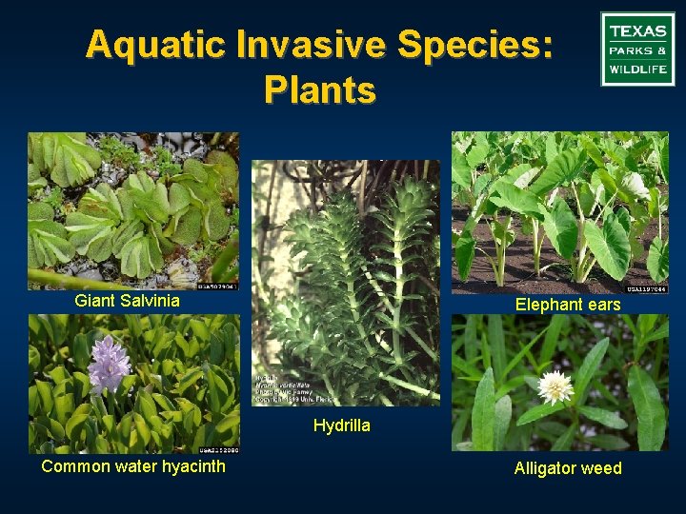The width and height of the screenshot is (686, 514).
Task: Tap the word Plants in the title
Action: click(320, 90)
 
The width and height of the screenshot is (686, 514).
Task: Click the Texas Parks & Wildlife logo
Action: click(637, 49)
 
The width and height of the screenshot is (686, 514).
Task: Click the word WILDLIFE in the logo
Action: click(637, 69)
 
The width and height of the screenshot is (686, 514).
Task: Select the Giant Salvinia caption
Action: click(127, 301)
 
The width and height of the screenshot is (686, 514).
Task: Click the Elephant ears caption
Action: click(568, 305)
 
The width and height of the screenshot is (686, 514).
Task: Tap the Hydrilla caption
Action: click(341, 425)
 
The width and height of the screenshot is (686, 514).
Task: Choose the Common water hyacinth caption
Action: click(133, 465)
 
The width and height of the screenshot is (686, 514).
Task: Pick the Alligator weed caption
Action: click(568, 467)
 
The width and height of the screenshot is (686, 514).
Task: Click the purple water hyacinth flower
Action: click(109, 364)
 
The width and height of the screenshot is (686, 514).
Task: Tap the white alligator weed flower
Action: click(555, 386)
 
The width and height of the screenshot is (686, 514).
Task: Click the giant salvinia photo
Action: click(132, 210)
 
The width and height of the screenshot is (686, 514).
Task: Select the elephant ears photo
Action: click(559, 212)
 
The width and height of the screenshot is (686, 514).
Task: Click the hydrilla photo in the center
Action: click(345, 276)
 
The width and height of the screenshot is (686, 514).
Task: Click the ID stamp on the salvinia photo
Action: click(216, 285)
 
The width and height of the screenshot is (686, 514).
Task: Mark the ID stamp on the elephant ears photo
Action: click(645, 289)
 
